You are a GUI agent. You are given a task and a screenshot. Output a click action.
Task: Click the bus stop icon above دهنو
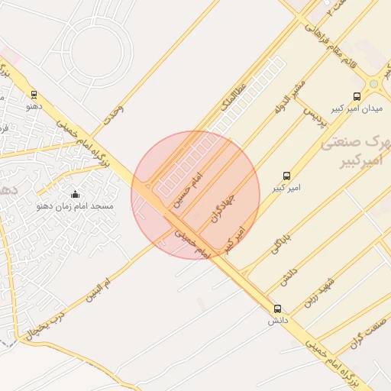34,95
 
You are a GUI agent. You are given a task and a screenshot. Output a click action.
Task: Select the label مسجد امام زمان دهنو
75,206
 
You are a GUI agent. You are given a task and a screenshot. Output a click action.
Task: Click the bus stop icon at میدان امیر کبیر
357,96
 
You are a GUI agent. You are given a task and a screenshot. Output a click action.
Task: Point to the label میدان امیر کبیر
356,108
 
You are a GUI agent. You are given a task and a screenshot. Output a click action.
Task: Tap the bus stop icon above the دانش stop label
277,309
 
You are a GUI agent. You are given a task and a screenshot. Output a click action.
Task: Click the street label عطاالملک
234,96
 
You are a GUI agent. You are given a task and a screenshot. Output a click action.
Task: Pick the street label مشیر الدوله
289,95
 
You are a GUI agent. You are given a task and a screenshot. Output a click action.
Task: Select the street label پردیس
315,115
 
